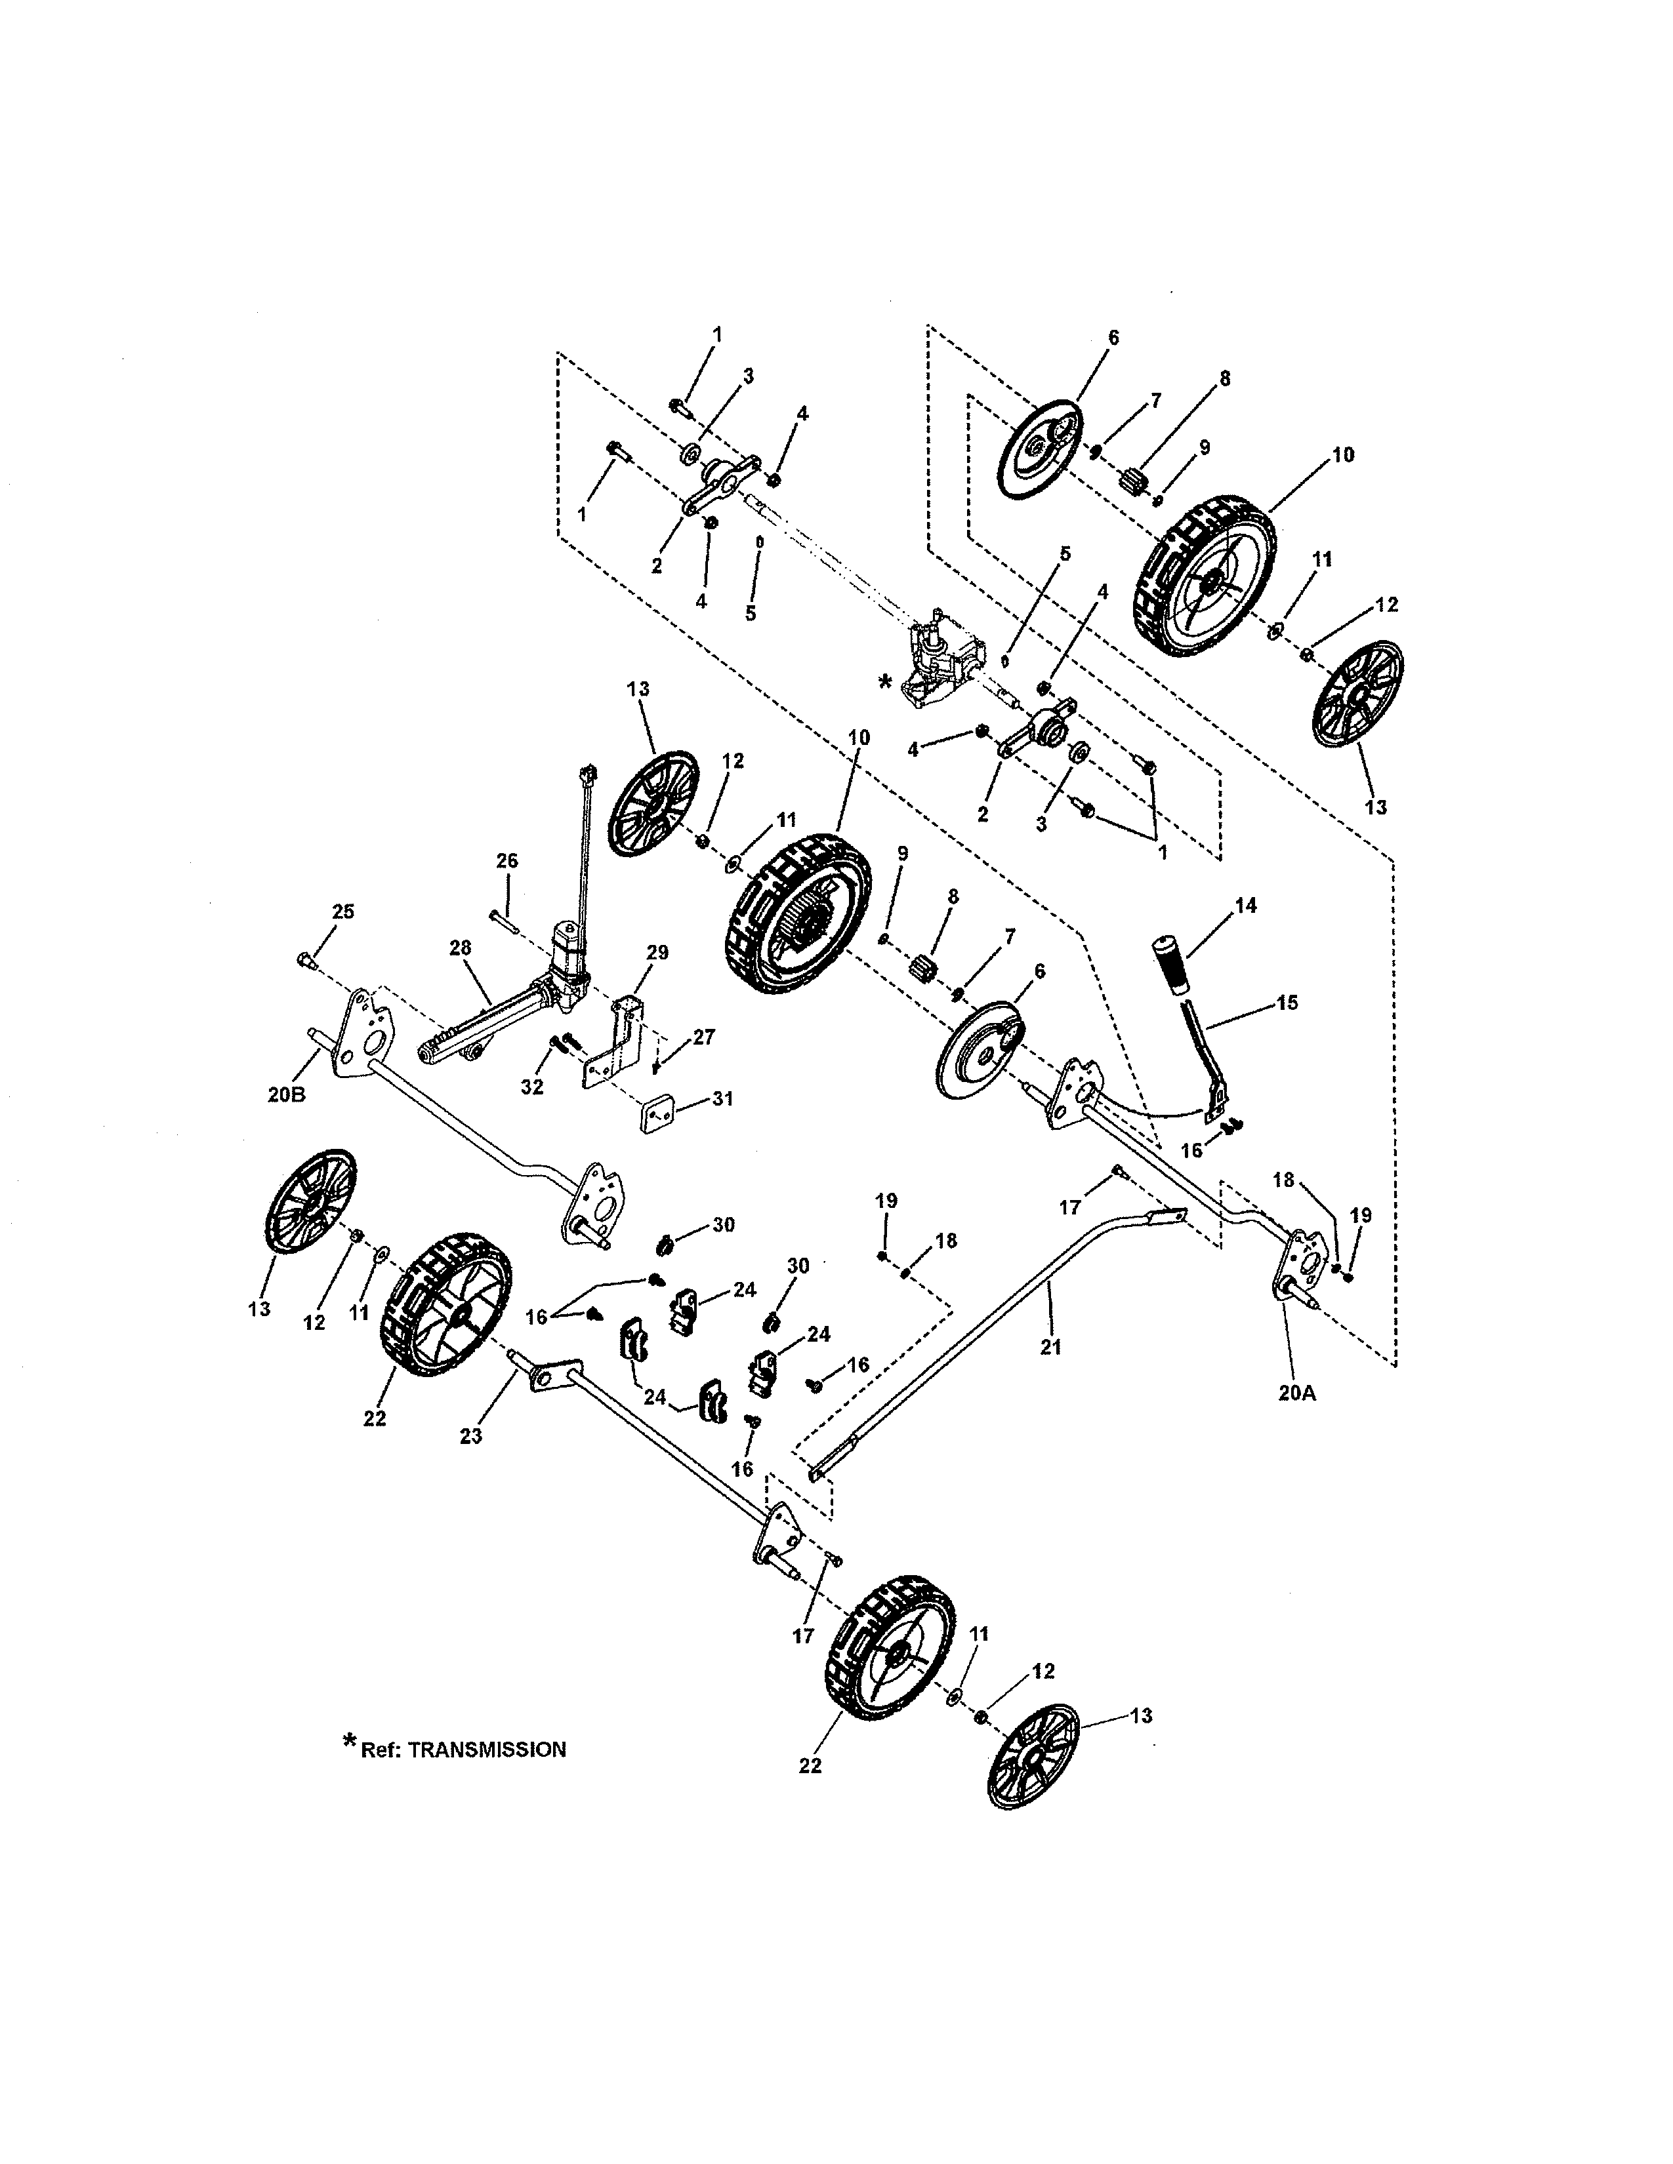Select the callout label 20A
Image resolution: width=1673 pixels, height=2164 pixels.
pyautogui.click(x=1297, y=1392)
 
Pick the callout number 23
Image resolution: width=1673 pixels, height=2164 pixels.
pyautogui.click(x=471, y=1435)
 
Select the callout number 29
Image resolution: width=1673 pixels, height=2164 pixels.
pyautogui.click(x=657, y=952)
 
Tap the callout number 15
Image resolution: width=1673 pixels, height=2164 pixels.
pyautogui.click(x=1287, y=1002)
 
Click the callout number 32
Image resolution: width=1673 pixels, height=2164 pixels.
pyautogui.click(x=532, y=1086)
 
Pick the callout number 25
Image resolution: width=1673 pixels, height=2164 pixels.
pyautogui.click(x=342, y=911)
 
